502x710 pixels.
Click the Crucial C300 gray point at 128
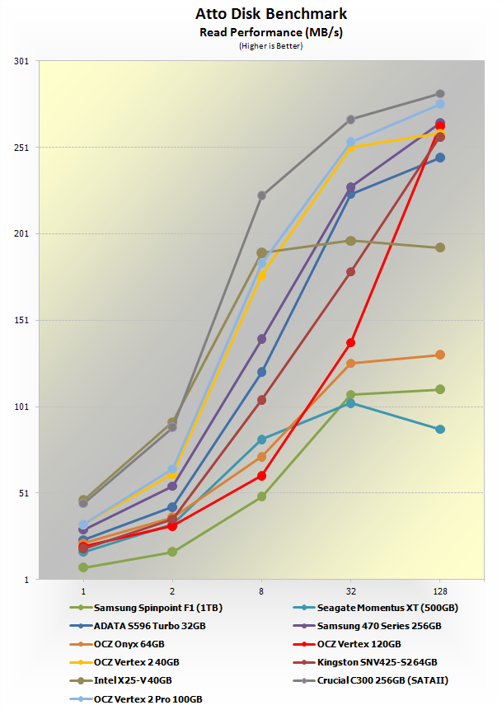[x=440, y=94]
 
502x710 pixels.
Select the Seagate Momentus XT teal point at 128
[x=440, y=430]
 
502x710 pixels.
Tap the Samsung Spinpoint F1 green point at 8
[x=261, y=496]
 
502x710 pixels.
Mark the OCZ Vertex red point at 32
[x=350, y=342]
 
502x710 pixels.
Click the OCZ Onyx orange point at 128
[x=440, y=355]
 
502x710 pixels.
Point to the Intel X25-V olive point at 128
[x=440, y=247]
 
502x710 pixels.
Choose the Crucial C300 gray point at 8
[x=261, y=195]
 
